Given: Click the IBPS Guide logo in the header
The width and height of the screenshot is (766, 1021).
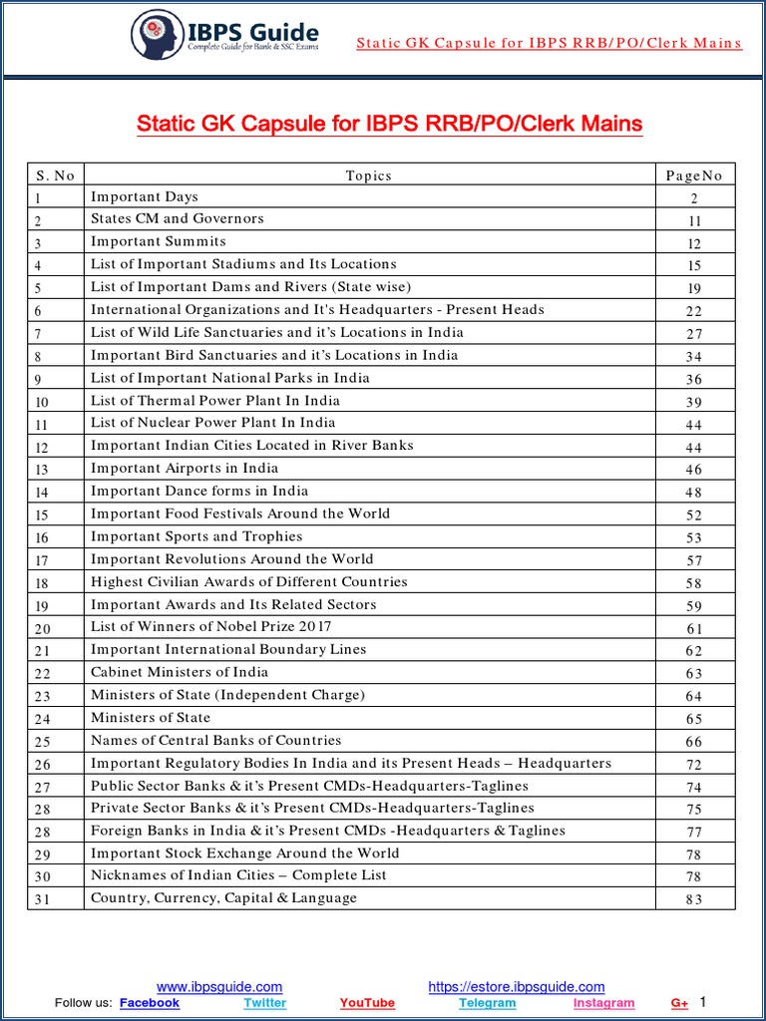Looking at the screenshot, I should (224, 35).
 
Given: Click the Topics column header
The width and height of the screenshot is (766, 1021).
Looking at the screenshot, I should (369, 175).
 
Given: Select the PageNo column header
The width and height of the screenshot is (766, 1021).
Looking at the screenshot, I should (694, 175).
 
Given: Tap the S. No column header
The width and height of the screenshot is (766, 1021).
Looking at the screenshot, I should (55, 175).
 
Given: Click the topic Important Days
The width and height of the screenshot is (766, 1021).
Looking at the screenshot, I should (145, 196).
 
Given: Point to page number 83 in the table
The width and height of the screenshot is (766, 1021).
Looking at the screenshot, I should (694, 899).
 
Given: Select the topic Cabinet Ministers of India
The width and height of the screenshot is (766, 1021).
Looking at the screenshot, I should (180, 672).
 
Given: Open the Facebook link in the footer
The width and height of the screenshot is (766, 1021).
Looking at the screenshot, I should (150, 1003).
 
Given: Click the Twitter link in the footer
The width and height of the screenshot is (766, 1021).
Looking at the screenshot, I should (264, 1003).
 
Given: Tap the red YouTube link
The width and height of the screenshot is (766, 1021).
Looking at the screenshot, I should (367, 1003).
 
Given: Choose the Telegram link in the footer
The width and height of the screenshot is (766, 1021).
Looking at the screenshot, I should (488, 1003).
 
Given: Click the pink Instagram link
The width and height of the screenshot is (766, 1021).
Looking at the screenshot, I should (603, 1003).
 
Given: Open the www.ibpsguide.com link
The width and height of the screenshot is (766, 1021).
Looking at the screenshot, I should (219, 987).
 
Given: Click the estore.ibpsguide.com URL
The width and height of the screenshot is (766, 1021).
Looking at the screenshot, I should (517, 987).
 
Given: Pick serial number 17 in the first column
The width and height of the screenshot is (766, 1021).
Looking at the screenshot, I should (42, 560).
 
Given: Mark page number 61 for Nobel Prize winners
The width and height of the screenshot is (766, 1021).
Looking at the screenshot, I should (694, 629).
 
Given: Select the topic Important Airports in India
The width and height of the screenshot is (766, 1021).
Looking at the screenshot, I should (185, 468).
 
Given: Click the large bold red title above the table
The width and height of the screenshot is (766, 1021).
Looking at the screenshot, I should (389, 124).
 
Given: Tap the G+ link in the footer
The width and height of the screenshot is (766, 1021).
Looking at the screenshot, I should (679, 1003).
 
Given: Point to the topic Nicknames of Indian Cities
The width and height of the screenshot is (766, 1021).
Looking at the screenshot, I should (238, 875).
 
